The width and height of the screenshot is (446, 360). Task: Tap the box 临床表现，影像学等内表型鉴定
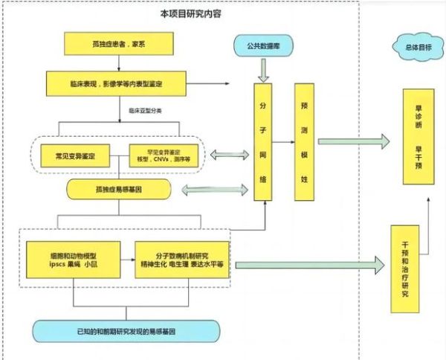(120, 83)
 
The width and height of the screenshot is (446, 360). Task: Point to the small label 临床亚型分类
(146, 109)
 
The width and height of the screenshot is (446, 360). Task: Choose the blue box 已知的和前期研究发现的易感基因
(126, 330)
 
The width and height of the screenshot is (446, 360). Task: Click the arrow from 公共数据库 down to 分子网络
(263, 71)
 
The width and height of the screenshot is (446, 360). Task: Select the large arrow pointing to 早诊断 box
(353, 141)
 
